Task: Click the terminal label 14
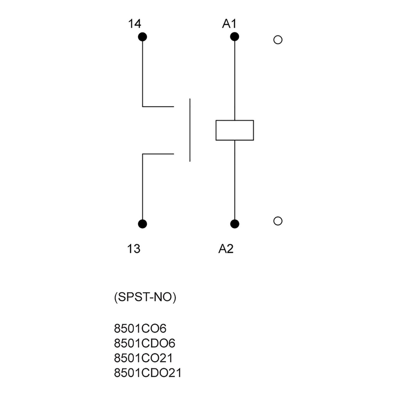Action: [x=135, y=24]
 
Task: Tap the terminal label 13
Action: [x=134, y=248]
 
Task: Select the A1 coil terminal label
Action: [x=229, y=24]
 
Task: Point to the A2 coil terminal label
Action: [x=226, y=248]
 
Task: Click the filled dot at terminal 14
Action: [x=142, y=37]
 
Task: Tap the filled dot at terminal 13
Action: [x=142, y=224]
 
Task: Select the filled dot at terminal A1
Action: [x=235, y=37]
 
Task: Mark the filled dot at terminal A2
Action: [x=235, y=224]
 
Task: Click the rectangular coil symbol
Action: [x=235, y=130]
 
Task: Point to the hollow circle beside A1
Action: [x=278, y=40]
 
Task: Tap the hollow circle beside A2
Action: [x=278, y=221]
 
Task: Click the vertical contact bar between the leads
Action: [x=190, y=130]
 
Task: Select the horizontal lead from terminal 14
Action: [x=158, y=107]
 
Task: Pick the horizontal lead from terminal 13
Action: [x=158, y=154]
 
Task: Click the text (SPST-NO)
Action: [x=145, y=297]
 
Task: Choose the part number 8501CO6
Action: [x=140, y=329]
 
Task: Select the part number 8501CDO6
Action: [x=145, y=344]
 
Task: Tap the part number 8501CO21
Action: [x=143, y=358]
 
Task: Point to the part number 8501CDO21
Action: [x=148, y=373]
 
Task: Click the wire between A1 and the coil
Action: [x=235, y=79]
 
